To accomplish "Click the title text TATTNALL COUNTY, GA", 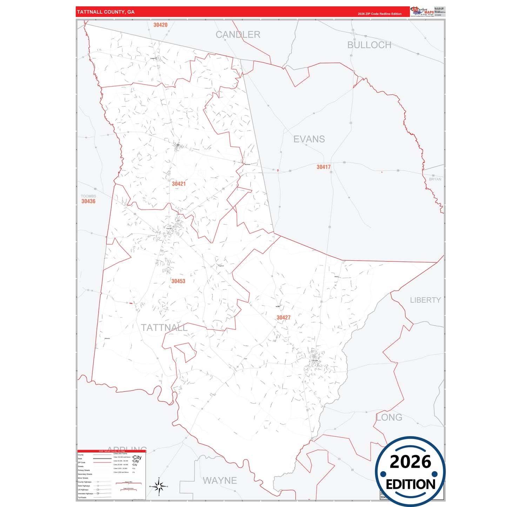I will tap(106, 12).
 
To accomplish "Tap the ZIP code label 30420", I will tap(160, 25).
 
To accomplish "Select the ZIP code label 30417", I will tap(323, 167).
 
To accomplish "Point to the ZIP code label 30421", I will tap(179, 184).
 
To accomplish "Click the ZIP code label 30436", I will tap(88, 201).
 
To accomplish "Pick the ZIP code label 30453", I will tap(178, 281).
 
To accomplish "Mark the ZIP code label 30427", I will tap(283, 318).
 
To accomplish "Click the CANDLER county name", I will tap(238, 35).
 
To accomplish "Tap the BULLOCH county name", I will tap(369, 45).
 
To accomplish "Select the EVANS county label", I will tap(309, 139).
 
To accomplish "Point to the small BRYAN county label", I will tap(435, 179).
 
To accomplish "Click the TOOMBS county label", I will tap(88, 196).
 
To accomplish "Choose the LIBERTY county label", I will tap(425, 300).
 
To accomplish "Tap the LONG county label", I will tap(389, 418).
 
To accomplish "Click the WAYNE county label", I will tap(220, 480).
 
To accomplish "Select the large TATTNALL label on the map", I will tap(164, 328).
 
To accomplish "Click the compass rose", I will tap(159, 486).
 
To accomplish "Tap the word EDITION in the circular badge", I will tap(411, 485).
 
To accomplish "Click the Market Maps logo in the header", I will tap(422, 11).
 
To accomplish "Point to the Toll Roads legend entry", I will tap(82, 498).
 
